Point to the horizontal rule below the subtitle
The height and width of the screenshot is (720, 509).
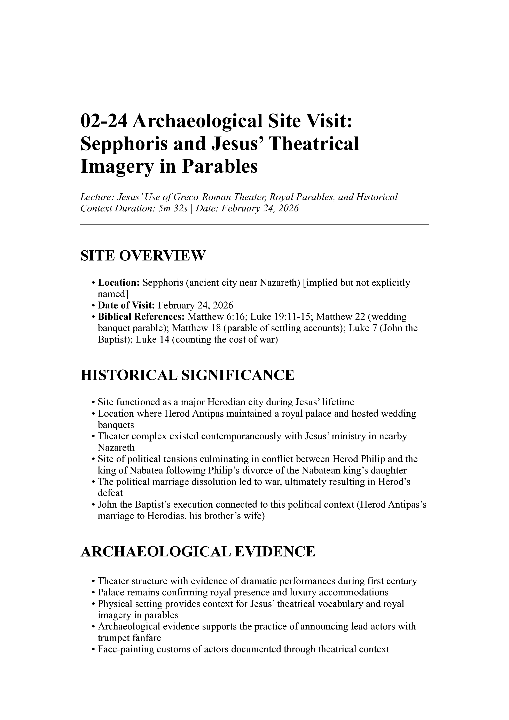coord(254,224)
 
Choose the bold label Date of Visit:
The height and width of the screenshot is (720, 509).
coord(126,305)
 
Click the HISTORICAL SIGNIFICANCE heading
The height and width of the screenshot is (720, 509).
coord(187,375)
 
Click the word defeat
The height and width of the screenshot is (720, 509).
coord(110,493)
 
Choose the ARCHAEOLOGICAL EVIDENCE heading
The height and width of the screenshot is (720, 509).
coord(198,552)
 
